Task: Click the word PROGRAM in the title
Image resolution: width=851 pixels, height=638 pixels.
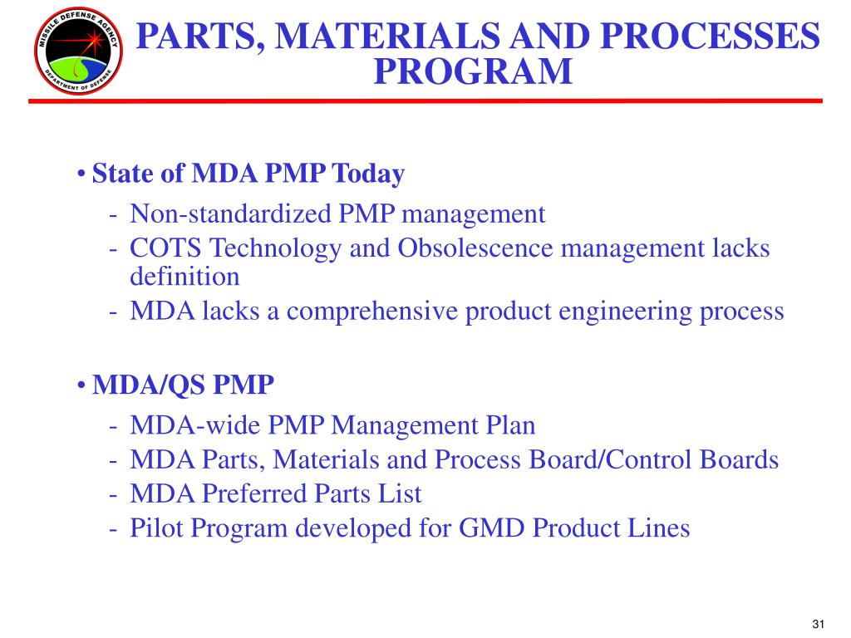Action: [473, 71]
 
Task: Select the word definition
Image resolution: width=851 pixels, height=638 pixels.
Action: [184, 277]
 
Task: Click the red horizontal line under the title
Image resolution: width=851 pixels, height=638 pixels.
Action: [425, 101]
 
